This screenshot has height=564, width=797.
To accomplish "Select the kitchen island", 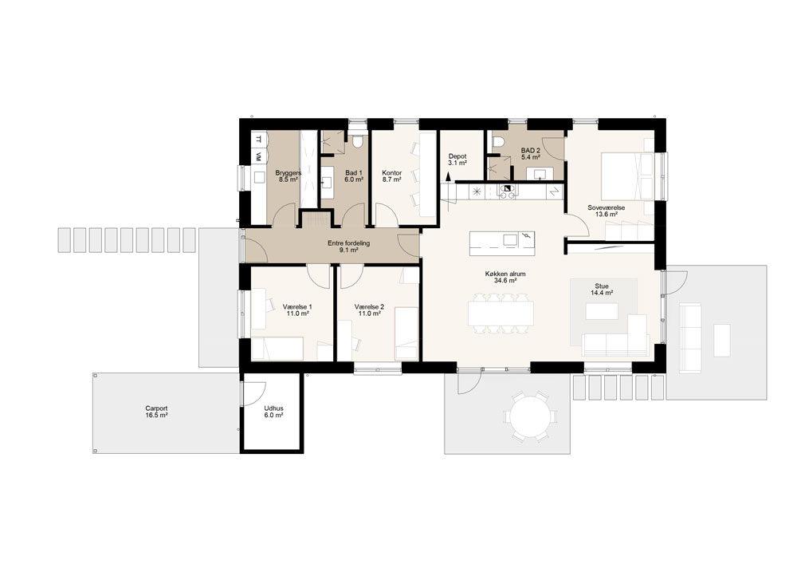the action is (x=501, y=243).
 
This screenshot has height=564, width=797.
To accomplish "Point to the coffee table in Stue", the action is (x=602, y=311).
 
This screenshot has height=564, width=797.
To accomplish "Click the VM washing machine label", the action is (x=259, y=156).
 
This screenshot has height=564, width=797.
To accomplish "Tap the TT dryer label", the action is (x=259, y=138).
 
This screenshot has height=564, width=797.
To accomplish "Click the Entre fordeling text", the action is (x=349, y=243).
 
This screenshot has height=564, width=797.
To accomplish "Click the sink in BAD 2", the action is (x=540, y=175).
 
